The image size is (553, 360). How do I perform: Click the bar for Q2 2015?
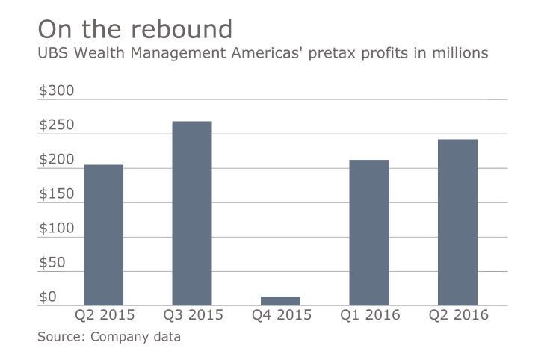pyautogui.click(x=103, y=235)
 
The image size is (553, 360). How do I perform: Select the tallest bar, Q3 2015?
pyautogui.click(x=192, y=213)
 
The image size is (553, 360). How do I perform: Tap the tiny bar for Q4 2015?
pyautogui.click(x=280, y=301)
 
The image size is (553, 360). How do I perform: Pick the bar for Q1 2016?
pyautogui.click(x=368, y=232)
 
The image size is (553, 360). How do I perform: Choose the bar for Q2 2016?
pyautogui.click(x=457, y=222)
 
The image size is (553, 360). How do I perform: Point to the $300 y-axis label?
pyautogui.click(x=57, y=91)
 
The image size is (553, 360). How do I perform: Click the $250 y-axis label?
pyautogui.click(x=57, y=125)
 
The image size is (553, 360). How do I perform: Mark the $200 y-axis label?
pyautogui.click(x=57, y=160)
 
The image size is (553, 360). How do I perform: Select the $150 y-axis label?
pyautogui.click(x=57, y=194)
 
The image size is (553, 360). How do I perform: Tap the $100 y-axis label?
pyautogui.click(x=57, y=229)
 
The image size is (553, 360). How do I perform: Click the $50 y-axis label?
pyautogui.click(x=52, y=263)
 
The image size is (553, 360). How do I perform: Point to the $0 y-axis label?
pyautogui.click(x=48, y=297)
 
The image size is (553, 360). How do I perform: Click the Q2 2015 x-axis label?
pyautogui.click(x=103, y=315)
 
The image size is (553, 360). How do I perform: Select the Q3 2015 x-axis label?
pyautogui.click(x=192, y=315)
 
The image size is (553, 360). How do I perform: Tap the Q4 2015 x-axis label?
pyautogui.click(x=280, y=315)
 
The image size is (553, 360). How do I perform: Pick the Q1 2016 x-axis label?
pyautogui.click(x=368, y=315)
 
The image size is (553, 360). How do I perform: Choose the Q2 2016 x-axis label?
pyautogui.click(x=457, y=315)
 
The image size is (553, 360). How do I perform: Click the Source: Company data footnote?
pyautogui.click(x=109, y=337)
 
